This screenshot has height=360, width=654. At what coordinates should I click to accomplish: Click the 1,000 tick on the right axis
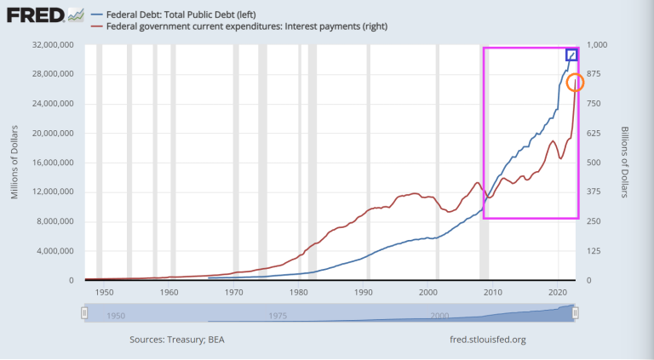pyautogui.click(x=599, y=45)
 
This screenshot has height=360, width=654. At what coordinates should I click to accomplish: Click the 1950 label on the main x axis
pyautogui.click(x=104, y=292)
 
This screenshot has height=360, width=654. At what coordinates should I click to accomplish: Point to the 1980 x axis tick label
pyautogui.click(x=299, y=292)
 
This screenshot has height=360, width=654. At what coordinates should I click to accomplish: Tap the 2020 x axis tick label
pyautogui.click(x=559, y=292)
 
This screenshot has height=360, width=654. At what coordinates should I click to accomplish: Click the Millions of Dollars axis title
pyautogui.click(x=15, y=163)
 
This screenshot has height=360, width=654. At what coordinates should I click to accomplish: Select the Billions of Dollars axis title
pyautogui.click(x=624, y=163)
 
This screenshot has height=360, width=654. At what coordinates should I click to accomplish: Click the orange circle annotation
pyautogui.click(x=575, y=83)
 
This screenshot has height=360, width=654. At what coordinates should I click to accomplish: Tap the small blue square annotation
pyautogui.click(x=571, y=55)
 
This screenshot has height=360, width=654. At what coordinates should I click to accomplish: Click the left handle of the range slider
pyautogui.click(x=84, y=313)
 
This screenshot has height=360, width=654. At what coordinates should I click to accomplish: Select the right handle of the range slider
pyautogui.click(x=576, y=313)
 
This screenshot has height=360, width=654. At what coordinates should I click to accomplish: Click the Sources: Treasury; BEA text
pyautogui.click(x=177, y=340)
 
